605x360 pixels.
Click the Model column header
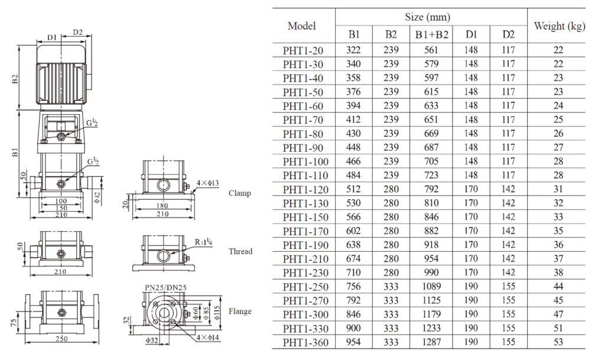tap(301, 26)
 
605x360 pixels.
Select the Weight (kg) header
tap(559, 26)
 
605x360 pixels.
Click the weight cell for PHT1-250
tap(558, 287)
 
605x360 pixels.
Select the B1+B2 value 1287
tap(431, 342)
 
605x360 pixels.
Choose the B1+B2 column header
tap(431, 34)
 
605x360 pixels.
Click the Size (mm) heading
tap(431, 17)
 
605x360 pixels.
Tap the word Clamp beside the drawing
tap(240, 193)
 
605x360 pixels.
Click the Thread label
tap(240, 251)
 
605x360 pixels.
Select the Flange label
tap(240, 312)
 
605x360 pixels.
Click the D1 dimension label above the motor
tap(52, 37)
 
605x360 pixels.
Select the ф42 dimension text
tap(97, 195)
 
